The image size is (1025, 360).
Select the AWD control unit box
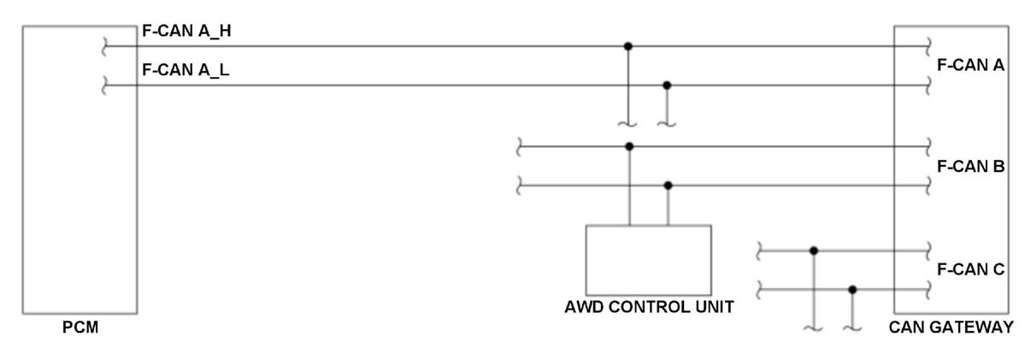648,260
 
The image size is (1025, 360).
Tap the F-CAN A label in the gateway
970,65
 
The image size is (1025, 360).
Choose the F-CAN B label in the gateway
970,166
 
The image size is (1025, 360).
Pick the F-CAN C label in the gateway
970,270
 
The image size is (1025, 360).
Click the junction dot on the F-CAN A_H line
628,45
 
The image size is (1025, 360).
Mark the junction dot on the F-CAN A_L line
667,85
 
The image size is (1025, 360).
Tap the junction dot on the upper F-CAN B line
629,146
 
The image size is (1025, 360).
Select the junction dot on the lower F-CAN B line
668,185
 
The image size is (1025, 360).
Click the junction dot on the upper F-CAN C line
813,251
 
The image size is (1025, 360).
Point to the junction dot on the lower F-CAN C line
851,289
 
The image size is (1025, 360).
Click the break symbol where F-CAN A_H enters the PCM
104,46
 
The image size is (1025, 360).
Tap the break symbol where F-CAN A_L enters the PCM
104,86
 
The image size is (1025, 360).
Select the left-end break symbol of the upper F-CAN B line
518,147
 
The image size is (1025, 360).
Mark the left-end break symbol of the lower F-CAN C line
759,290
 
